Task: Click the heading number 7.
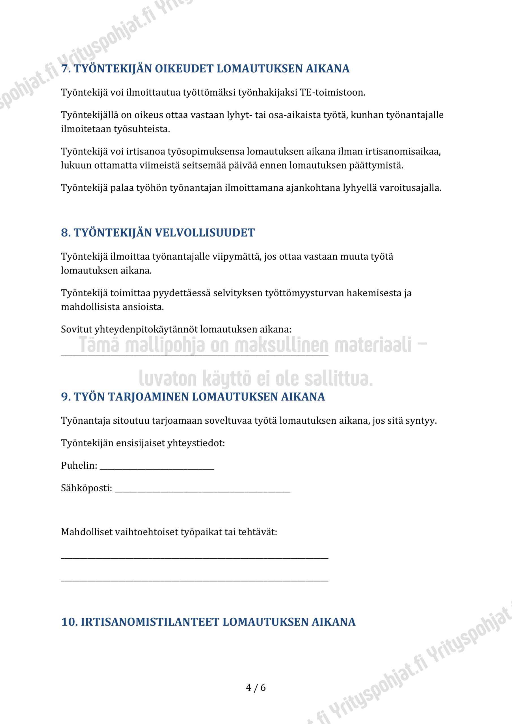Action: [66, 69]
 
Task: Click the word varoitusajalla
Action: [410, 188]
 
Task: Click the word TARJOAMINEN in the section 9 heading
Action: [148, 397]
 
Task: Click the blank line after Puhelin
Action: [157, 468]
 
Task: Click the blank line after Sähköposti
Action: [202, 490]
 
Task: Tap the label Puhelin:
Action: [79, 466]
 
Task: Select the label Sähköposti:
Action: [87, 488]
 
